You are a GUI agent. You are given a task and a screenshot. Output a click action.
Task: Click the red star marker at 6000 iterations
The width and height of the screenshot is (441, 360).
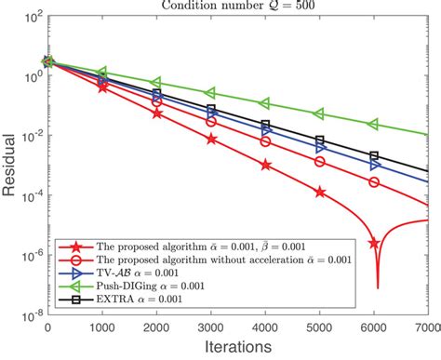[x=374, y=243]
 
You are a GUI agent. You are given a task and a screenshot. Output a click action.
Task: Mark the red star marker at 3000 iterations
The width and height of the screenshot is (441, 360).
[x=211, y=139]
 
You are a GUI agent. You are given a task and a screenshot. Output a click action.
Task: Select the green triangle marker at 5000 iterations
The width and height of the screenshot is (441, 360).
[x=320, y=113]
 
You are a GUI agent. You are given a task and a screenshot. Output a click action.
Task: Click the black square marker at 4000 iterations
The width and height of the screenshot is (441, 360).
[x=266, y=125]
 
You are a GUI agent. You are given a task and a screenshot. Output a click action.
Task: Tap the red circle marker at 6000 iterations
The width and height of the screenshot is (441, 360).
[x=374, y=182]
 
